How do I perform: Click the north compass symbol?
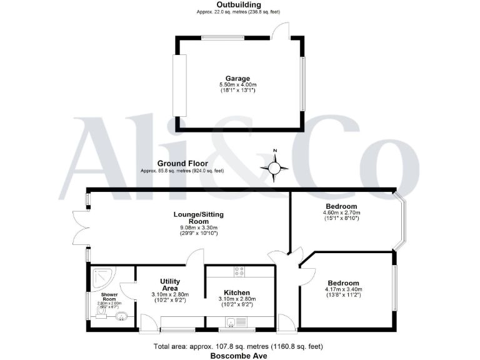click(275, 167)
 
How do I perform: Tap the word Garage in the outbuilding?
click(237, 78)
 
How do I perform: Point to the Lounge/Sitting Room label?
click(198, 218)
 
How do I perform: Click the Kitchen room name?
click(237, 292)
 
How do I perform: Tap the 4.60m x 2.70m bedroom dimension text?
click(341, 212)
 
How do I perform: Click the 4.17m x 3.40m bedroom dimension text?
click(343, 289)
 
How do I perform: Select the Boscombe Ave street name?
click(239, 356)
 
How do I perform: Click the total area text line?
click(239, 346)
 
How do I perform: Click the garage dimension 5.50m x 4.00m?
click(237, 85)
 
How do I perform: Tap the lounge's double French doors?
click(80, 228)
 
